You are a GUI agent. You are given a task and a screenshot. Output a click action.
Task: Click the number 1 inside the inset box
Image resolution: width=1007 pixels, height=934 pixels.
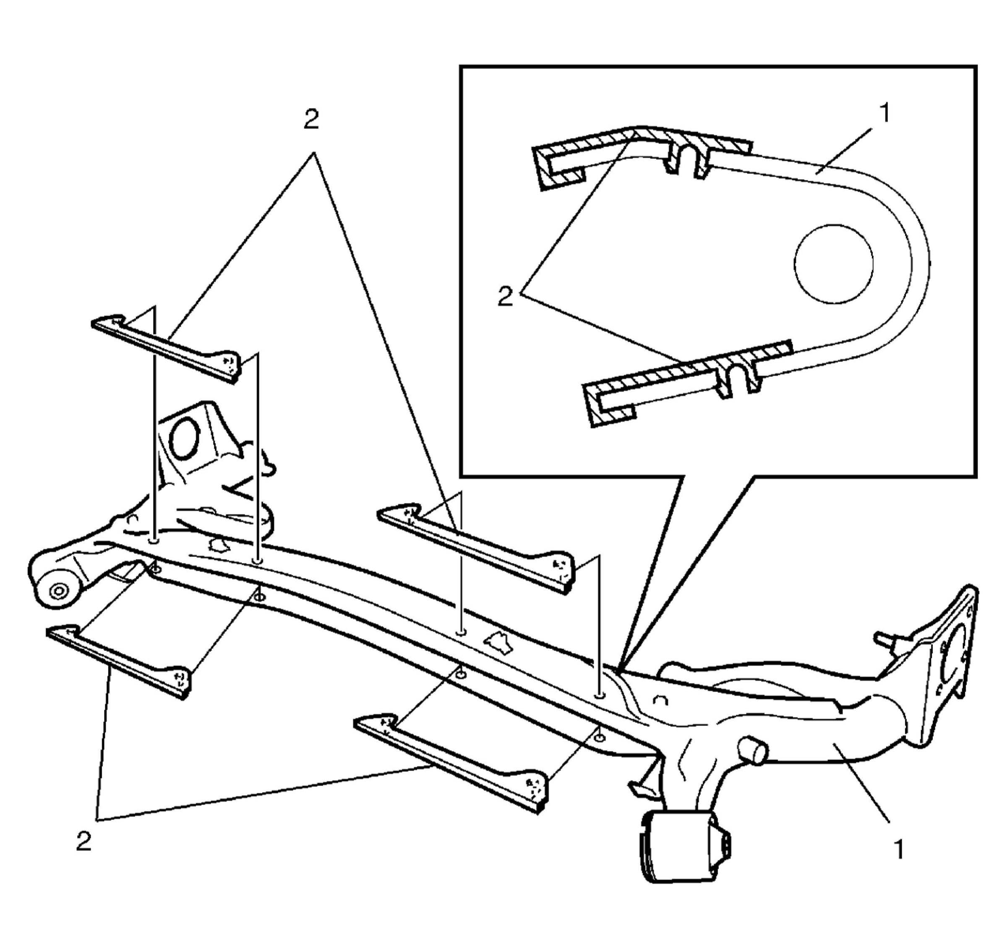(x=884, y=113)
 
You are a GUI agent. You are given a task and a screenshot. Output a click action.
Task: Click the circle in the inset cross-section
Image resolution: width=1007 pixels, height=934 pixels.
(x=833, y=264)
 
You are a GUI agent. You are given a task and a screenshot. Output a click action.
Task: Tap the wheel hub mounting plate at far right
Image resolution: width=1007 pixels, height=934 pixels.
(x=950, y=657)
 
